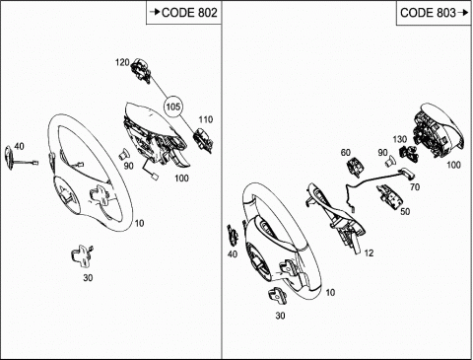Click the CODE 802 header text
point(189,13)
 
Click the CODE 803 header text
point(428,13)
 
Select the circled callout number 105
point(173,107)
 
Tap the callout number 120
point(122,62)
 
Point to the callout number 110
point(206,119)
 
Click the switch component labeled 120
point(142,71)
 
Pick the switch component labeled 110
point(203,141)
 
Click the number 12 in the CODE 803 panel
point(369,252)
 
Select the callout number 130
point(400,139)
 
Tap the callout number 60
point(346,153)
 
